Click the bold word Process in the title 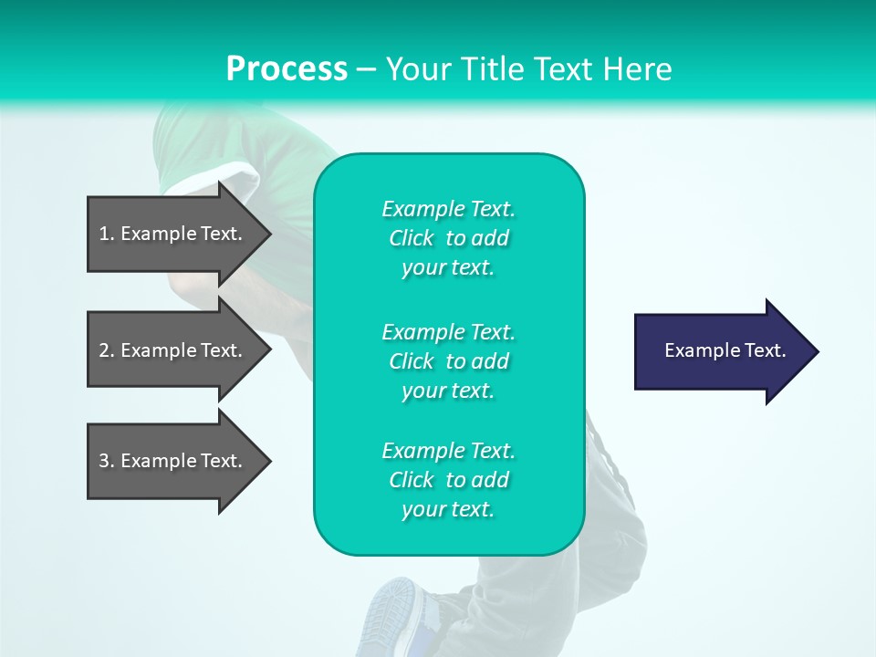point(287,69)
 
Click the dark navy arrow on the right point(712,350)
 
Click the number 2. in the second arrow point(106,350)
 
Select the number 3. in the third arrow point(106,461)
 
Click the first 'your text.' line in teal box point(448,268)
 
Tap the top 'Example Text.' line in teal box point(448,209)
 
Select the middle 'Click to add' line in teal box point(448,361)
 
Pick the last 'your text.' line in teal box point(448,510)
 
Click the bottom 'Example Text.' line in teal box point(448,451)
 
